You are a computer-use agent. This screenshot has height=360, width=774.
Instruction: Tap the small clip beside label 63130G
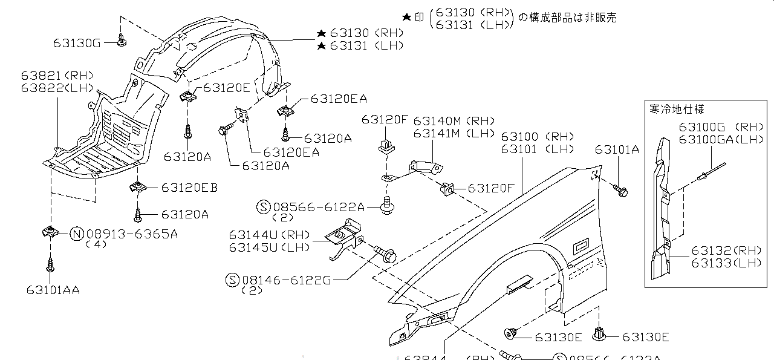[x=123, y=41]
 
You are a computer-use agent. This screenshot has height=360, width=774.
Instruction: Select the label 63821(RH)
[x=57, y=76]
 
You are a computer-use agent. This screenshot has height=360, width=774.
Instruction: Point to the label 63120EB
[x=189, y=188]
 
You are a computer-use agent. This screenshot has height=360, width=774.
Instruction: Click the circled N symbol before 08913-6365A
[x=77, y=234]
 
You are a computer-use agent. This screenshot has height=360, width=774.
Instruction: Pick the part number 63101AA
[x=53, y=290]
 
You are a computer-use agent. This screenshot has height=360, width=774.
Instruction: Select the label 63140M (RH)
[x=446, y=120]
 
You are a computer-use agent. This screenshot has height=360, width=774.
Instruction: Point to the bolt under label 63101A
[x=622, y=191]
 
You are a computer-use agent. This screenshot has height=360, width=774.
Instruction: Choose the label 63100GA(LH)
[x=721, y=139]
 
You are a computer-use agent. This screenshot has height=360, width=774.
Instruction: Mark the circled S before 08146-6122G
[x=232, y=280]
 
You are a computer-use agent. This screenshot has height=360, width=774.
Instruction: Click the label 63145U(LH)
[x=269, y=247]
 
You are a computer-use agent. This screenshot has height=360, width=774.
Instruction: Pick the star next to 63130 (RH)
[x=321, y=33]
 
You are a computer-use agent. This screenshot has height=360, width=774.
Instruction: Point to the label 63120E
[x=226, y=88]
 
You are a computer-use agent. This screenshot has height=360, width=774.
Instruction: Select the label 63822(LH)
[x=57, y=87]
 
